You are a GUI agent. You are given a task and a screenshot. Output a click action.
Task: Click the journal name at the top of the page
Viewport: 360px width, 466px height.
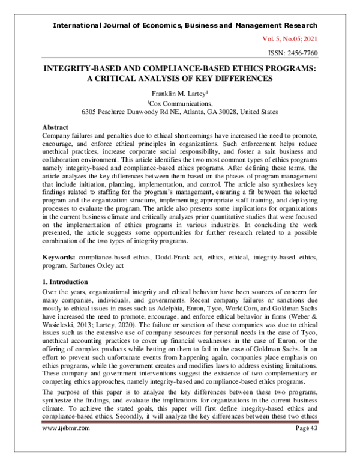(x=185, y=25)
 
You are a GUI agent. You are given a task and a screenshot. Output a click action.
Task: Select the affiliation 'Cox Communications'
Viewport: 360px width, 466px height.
(x=179, y=103)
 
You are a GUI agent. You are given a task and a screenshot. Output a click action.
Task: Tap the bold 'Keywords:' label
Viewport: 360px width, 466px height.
(x=62, y=256)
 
